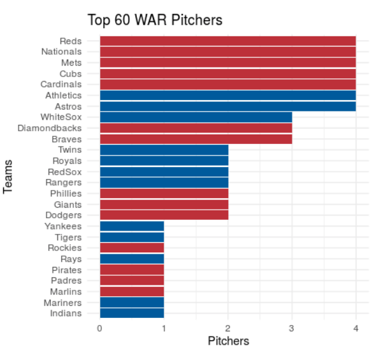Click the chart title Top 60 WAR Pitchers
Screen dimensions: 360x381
155,20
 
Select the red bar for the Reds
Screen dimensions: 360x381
227,41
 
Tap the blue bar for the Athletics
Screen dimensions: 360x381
227,96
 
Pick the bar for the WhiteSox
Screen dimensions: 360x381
196,117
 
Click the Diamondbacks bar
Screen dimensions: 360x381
196,128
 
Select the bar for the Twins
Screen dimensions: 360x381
164,150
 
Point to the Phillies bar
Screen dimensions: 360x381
164,193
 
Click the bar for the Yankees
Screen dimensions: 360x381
132,226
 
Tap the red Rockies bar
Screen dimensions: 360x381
132,248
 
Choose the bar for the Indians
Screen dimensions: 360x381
132,313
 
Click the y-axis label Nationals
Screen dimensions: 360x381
61,52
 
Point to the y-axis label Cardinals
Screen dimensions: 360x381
61,84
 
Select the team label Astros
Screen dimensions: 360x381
68,106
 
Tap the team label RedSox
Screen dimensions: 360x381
65,171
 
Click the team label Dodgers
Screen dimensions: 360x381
64,215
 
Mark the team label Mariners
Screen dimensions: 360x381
63,302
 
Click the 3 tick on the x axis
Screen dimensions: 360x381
292,328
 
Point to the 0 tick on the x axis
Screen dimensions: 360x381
100,328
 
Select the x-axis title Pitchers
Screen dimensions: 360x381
228,342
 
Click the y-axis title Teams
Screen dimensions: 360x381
9,176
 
